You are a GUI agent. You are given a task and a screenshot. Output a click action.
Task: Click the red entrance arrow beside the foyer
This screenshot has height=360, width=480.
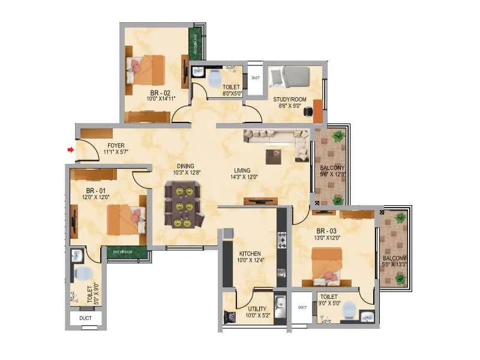pos(71,149)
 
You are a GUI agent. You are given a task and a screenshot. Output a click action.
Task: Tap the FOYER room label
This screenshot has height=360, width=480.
pos(116,146)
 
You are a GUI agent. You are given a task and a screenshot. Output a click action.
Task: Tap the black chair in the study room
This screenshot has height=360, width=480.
pos(308,112)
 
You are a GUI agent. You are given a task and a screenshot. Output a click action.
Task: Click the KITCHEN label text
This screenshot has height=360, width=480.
pos(248,253)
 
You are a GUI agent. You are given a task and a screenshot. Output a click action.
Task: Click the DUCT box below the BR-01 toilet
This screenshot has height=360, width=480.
pos(85,318)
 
